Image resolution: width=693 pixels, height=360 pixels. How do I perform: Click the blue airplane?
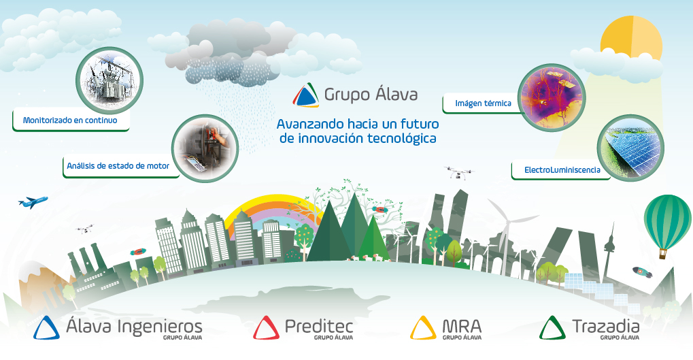point(33,202)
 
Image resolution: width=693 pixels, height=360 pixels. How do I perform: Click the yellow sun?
point(632,37)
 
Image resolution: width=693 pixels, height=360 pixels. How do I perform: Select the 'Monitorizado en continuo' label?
point(70,120)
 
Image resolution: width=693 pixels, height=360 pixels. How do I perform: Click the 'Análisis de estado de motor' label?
point(118,166)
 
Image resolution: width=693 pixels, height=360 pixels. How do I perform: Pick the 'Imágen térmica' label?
point(483,103)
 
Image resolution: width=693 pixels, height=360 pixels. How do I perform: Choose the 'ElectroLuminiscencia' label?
point(562,170)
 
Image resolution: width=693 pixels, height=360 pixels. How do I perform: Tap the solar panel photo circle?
point(630,148)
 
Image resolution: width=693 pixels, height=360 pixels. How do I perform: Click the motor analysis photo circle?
point(205,148)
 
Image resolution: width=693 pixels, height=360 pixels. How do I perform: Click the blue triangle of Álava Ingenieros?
point(46,328)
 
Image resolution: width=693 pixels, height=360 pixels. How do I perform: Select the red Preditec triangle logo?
point(266,328)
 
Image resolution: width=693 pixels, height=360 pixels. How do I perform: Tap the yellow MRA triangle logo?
point(424,328)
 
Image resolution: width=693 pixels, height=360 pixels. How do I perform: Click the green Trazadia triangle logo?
point(552,328)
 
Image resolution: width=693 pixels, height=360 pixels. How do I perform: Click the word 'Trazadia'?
point(606,327)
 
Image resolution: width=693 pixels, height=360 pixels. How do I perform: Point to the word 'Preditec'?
point(319,327)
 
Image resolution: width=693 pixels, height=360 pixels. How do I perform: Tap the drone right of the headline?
point(460,172)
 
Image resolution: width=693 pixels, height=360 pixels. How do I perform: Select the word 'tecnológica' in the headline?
point(402,139)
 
